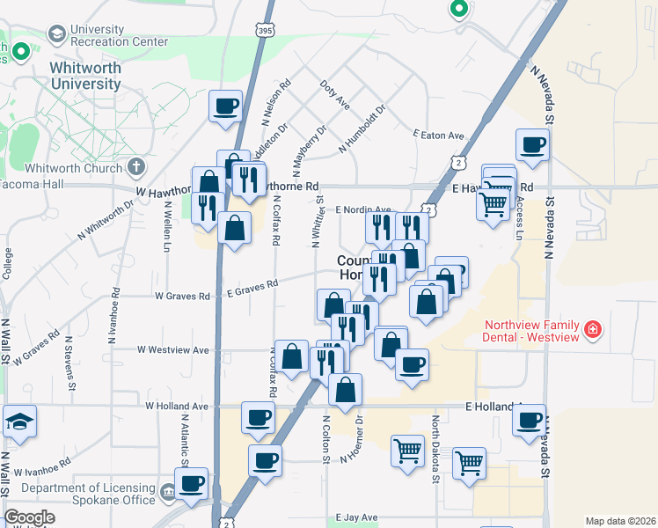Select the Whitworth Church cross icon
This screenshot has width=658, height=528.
[x=136, y=166]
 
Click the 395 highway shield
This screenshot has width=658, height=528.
[x=264, y=31]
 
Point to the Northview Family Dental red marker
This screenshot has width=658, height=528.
[x=594, y=331]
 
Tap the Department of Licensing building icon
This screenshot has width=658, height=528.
[x=168, y=489]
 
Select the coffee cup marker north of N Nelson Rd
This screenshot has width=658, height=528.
[x=225, y=106]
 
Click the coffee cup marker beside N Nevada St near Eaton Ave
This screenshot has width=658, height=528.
[x=532, y=145]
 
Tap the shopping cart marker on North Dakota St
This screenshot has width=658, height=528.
[x=469, y=461]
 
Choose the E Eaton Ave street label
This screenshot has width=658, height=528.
[x=438, y=135]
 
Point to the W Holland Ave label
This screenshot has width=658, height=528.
[x=176, y=407]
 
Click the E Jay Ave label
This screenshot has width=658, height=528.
[x=355, y=518]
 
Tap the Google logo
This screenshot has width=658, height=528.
[x=29, y=518]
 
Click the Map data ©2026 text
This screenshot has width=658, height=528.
[x=620, y=521]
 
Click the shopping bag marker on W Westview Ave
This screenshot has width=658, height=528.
[x=292, y=356]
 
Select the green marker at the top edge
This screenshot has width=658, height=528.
[x=457, y=10]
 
